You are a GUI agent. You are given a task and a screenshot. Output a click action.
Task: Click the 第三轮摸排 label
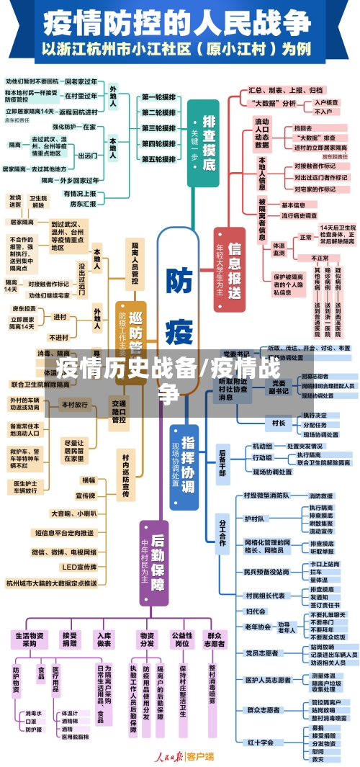pyautogui.click(x=158, y=128)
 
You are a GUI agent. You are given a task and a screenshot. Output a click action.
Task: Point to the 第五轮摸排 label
pyautogui.click(x=158, y=160)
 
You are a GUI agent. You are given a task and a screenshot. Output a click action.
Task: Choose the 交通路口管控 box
pyautogui.click(x=118, y=411)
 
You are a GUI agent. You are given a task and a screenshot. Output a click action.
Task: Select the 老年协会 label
pyautogui.click(x=258, y=627)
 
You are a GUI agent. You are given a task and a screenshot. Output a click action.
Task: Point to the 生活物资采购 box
pyautogui.click(x=29, y=640)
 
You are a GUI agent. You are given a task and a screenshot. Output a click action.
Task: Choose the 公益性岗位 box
pyautogui.click(x=181, y=640)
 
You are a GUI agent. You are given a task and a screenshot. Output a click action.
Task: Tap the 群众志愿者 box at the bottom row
pyautogui.click(x=214, y=640)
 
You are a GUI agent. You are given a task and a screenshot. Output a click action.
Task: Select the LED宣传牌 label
pyautogui.click(x=74, y=567)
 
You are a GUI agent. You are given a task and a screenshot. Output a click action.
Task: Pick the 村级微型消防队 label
pyautogui.click(x=266, y=495)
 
